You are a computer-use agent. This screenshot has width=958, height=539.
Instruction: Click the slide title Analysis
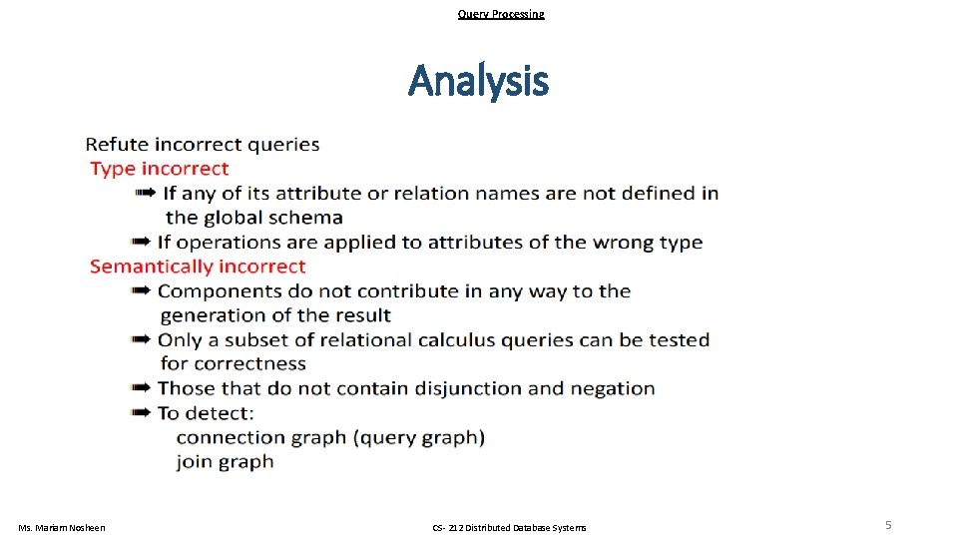click(x=478, y=81)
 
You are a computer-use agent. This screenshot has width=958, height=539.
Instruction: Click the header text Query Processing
click(x=501, y=14)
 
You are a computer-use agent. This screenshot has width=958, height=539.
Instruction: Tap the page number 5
click(x=888, y=525)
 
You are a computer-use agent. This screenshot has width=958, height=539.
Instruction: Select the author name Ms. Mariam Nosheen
click(x=62, y=527)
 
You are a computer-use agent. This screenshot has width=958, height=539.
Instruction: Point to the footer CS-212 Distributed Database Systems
click(x=509, y=527)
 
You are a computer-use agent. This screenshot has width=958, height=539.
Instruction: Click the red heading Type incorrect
click(x=160, y=169)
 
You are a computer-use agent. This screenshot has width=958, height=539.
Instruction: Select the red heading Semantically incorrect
click(x=198, y=267)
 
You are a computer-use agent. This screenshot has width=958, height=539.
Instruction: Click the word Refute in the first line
click(x=116, y=145)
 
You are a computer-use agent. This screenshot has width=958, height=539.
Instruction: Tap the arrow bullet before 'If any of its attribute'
click(x=146, y=193)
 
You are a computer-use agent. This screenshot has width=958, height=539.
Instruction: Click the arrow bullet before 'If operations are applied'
click(x=141, y=242)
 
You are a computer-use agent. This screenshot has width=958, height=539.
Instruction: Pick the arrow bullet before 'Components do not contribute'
click(x=141, y=290)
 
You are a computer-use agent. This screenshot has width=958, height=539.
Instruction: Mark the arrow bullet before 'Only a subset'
click(x=141, y=339)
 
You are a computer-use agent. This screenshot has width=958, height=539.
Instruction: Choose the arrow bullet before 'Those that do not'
click(x=141, y=388)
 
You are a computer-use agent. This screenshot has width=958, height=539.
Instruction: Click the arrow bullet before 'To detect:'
click(x=141, y=412)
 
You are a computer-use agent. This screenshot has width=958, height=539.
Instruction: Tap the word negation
click(x=615, y=388)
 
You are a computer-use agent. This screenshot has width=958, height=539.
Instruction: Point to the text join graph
click(x=225, y=461)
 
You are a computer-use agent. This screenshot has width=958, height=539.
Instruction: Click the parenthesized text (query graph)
click(x=418, y=437)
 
